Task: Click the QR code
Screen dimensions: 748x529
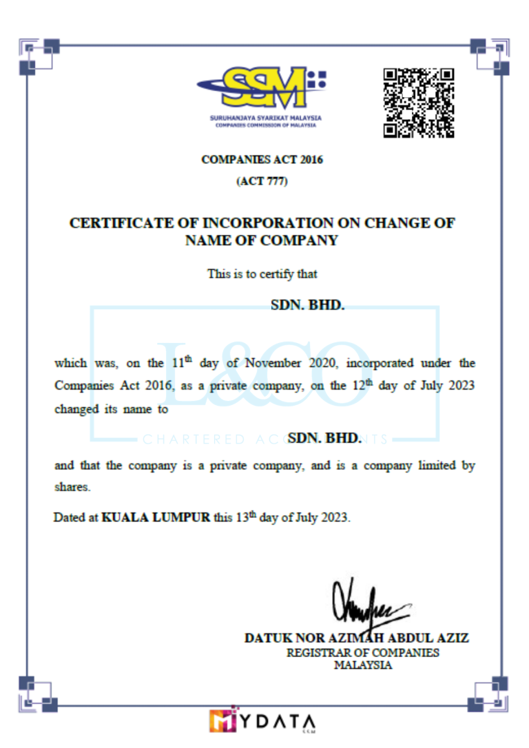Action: (x=419, y=103)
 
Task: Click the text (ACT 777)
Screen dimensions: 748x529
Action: (x=262, y=182)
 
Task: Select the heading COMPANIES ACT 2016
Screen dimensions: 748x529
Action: (x=262, y=160)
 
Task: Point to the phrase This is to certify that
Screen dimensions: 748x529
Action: (x=262, y=273)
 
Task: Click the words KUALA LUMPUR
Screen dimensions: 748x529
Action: (x=156, y=517)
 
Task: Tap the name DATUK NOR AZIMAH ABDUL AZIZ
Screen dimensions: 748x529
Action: (x=357, y=638)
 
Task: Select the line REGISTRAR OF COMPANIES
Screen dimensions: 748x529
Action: (x=362, y=652)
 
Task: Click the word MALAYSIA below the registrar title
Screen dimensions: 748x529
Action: (x=363, y=665)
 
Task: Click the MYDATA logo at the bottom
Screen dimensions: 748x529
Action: (x=262, y=720)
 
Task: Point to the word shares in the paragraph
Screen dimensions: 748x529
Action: (x=72, y=486)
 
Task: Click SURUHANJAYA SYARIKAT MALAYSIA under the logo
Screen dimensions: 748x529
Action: (x=266, y=118)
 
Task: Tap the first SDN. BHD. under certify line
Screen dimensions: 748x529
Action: (x=308, y=304)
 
